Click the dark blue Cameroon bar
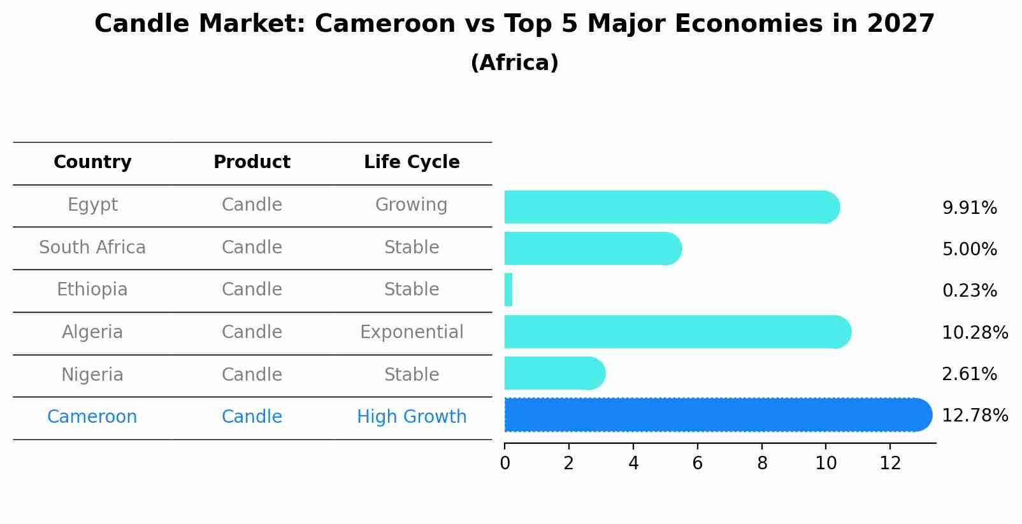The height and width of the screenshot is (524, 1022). tap(714, 415)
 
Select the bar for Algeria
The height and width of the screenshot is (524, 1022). tap(675, 332)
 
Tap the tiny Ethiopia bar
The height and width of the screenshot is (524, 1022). tap(508, 290)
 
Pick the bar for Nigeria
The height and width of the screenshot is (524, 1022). tap(553, 373)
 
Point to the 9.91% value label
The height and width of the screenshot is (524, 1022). tap(969, 208)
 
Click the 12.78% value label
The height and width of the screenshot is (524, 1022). tap(974, 416)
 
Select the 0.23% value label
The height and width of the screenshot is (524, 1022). tap(969, 291)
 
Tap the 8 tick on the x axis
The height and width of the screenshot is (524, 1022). tap(761, 464)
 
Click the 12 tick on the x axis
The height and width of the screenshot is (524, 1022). tap(890, 464)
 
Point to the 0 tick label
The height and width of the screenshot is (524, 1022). tap(505, 464)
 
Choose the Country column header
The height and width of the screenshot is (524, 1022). tap(92, 162)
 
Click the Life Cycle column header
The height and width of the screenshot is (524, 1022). tap(412, 162)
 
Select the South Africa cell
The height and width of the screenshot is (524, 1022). tap(92, 247)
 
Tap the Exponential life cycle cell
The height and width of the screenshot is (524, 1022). tap(412, 332)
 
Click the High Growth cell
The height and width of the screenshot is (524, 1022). tap(412, 417)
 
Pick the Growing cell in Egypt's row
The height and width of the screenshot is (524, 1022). tap(412, 205)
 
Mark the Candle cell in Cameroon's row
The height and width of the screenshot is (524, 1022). tap(252, 417)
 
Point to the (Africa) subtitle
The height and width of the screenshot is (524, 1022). tap(514, 63)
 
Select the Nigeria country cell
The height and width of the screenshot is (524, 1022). tap(92, 374)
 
